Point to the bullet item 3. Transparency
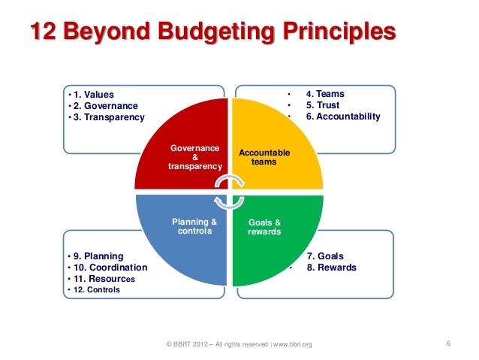107,117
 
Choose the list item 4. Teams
325,94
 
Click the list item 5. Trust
324,105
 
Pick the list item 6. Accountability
343,116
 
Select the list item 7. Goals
326,256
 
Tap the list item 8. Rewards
331,268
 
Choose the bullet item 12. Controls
95,289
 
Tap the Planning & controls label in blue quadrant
194,226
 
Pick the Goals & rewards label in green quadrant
265,227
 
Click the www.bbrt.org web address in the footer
292,344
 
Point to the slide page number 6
447,344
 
